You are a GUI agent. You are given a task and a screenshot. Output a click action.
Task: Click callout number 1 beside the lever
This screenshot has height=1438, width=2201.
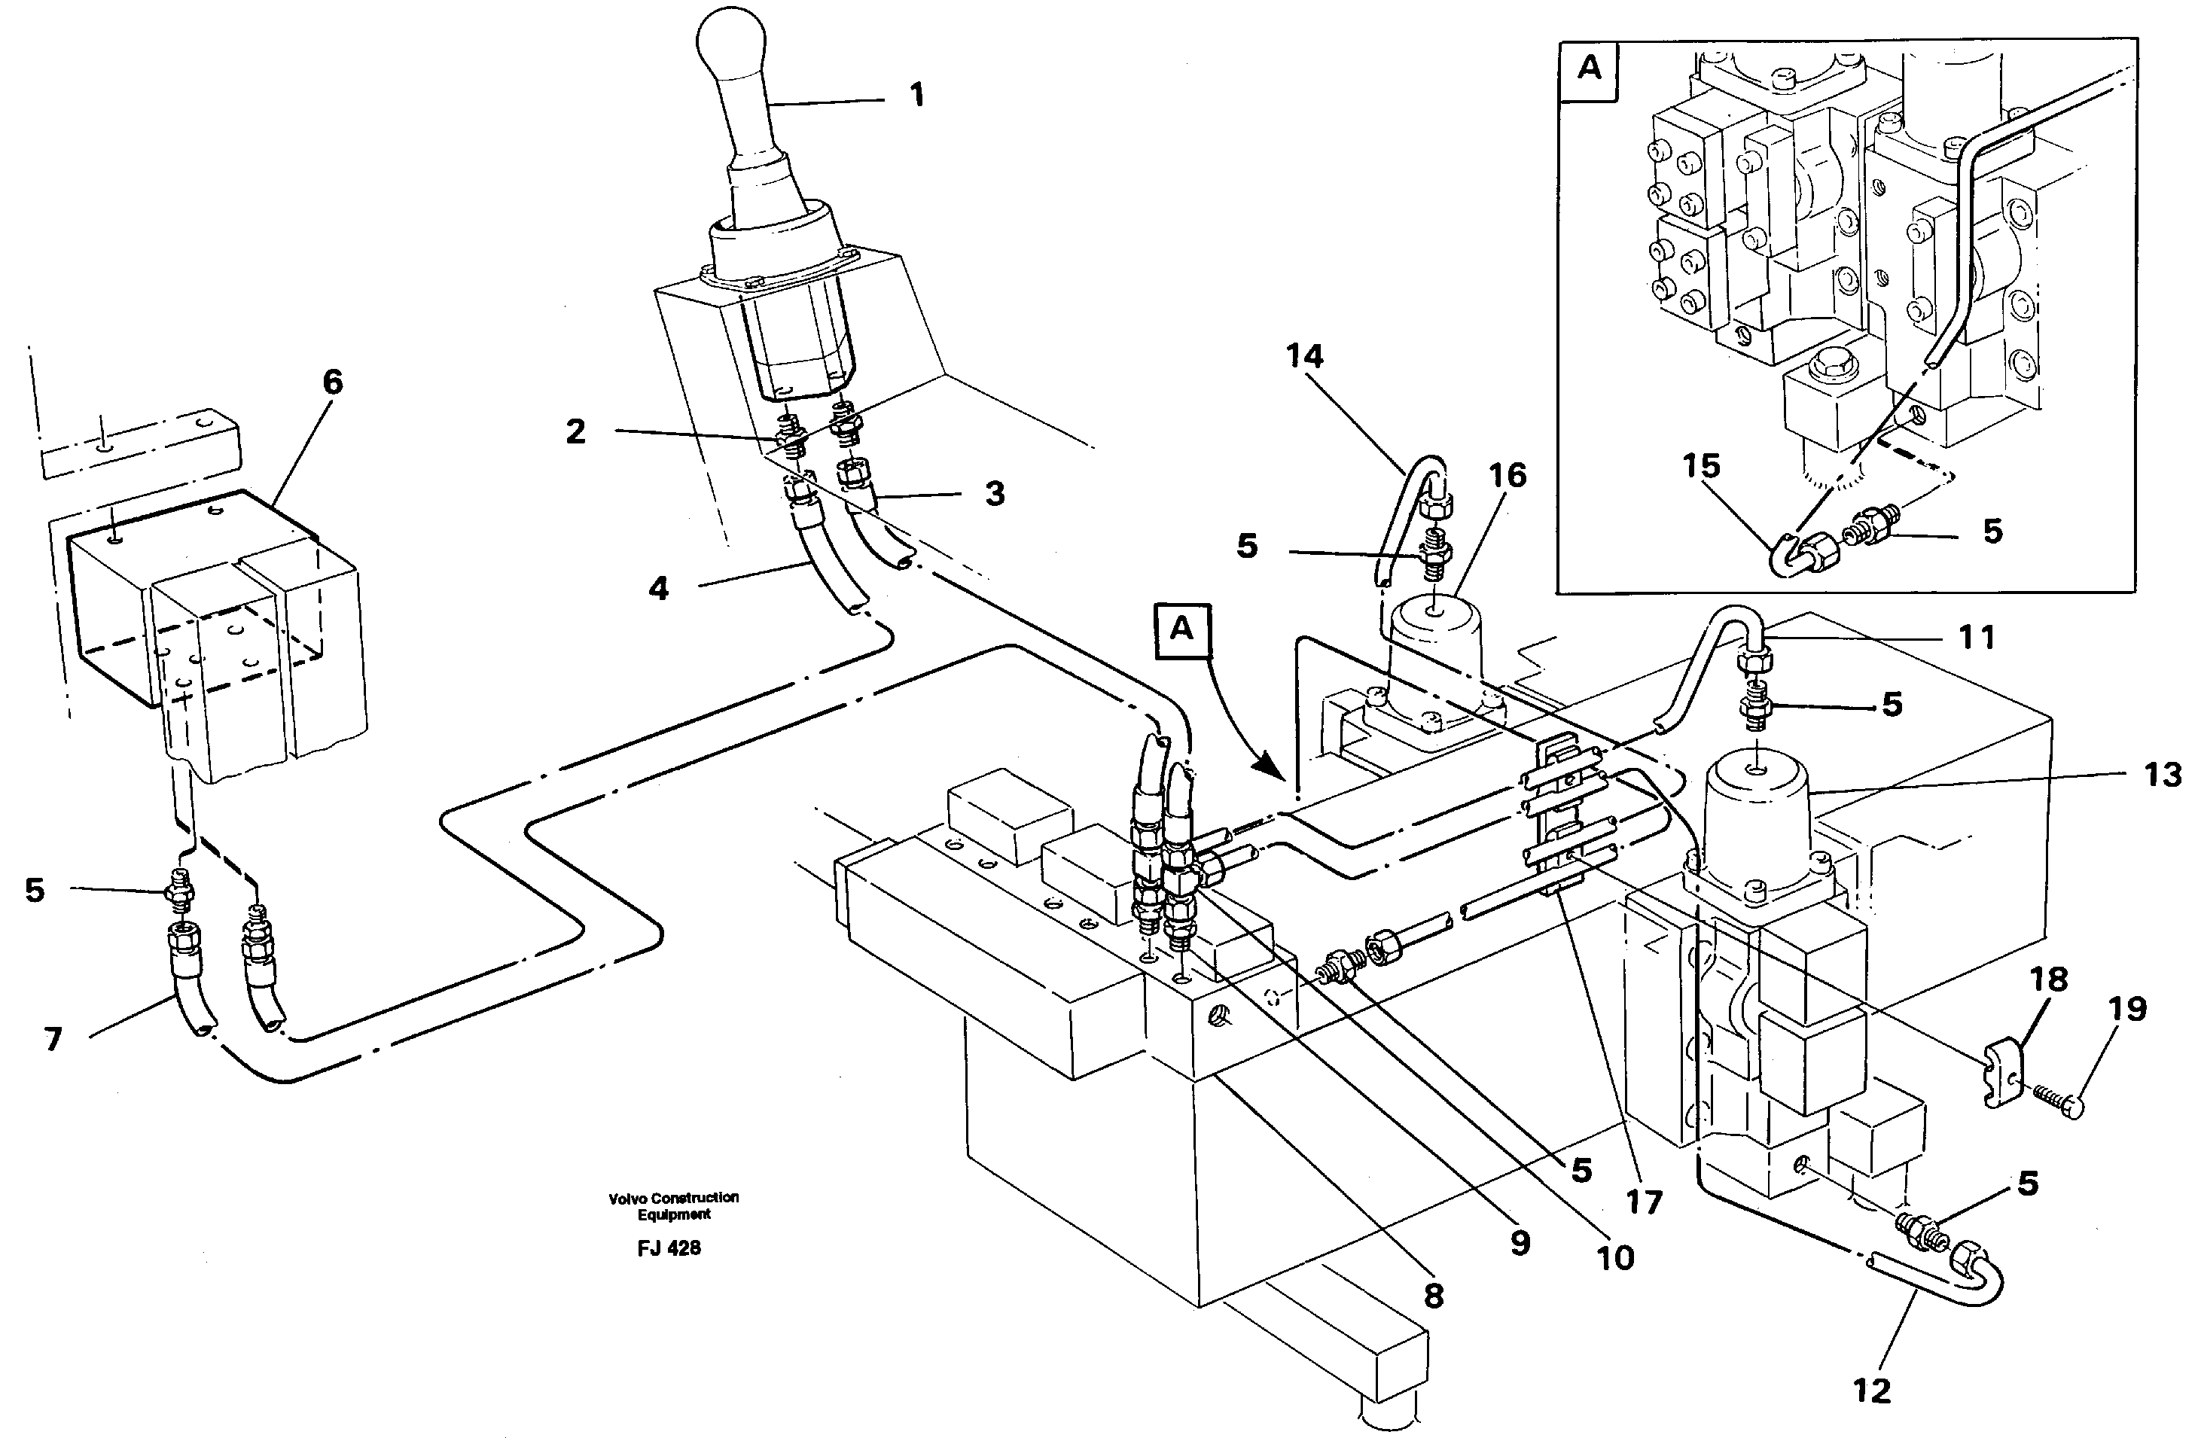click(916, 96)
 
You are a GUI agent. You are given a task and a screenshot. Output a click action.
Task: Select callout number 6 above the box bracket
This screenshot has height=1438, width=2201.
click(332, 382)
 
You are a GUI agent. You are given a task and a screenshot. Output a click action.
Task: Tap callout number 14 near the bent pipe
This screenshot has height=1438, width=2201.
click(1304, 356)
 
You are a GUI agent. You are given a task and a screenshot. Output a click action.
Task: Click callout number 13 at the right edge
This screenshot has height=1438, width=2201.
click(2162, 775)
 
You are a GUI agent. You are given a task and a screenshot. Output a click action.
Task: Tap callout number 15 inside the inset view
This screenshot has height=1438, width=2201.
click(1701, 466)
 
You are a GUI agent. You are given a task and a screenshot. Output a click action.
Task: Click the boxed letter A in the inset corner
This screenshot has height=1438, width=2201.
click(1589, 69)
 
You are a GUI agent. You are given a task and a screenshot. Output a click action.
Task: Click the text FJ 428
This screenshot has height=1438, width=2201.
click(669, 1248)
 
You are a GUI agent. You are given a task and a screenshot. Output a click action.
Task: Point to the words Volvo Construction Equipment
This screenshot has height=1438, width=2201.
click(673, 1205)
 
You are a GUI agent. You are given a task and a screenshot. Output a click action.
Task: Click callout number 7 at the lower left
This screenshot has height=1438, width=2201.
click(53, 1040)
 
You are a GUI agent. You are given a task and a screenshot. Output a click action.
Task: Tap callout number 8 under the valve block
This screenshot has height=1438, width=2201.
click(1434, 1296)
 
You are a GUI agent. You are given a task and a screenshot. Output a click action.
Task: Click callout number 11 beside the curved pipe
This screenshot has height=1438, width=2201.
click(1977, 637)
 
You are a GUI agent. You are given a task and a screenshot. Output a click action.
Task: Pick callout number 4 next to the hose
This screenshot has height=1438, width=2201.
click(658, 588)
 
